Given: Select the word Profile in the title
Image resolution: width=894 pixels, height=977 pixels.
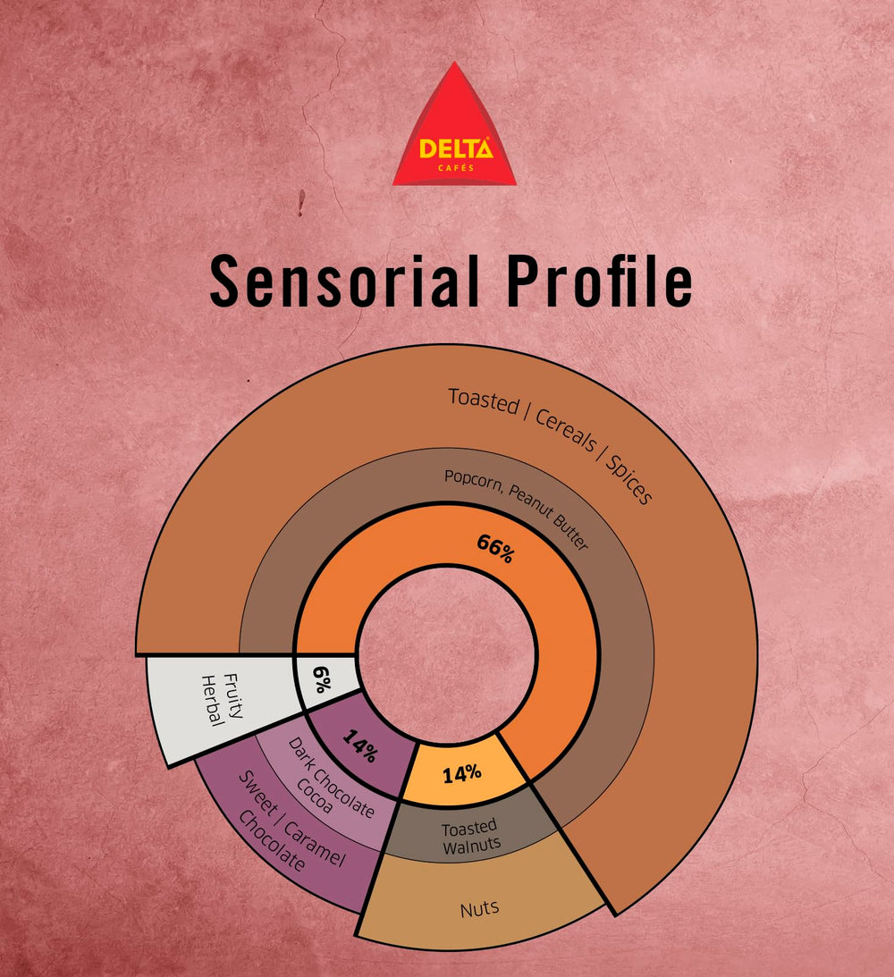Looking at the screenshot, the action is click(599, 281).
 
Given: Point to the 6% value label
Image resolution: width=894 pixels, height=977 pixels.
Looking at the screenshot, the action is click(322, 679).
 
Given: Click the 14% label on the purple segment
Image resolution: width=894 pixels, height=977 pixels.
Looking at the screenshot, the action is click(360, 745).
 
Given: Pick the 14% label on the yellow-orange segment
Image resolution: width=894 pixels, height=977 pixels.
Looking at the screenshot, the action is click(461, 773).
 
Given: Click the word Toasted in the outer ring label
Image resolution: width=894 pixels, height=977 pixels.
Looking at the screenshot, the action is click(484, 400).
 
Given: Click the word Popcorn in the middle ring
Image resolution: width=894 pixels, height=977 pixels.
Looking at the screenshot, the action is click(474, 480).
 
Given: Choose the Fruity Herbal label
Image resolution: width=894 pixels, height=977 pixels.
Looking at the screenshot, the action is click(221, 700).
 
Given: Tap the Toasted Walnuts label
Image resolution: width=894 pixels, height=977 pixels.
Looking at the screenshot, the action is click(470, 837).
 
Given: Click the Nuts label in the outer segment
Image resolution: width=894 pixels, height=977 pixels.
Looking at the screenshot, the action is click(480, 909).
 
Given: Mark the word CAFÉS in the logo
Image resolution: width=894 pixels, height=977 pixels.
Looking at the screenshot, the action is click(455, 168).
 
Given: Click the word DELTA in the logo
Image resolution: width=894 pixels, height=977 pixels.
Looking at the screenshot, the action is click(456, 148).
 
